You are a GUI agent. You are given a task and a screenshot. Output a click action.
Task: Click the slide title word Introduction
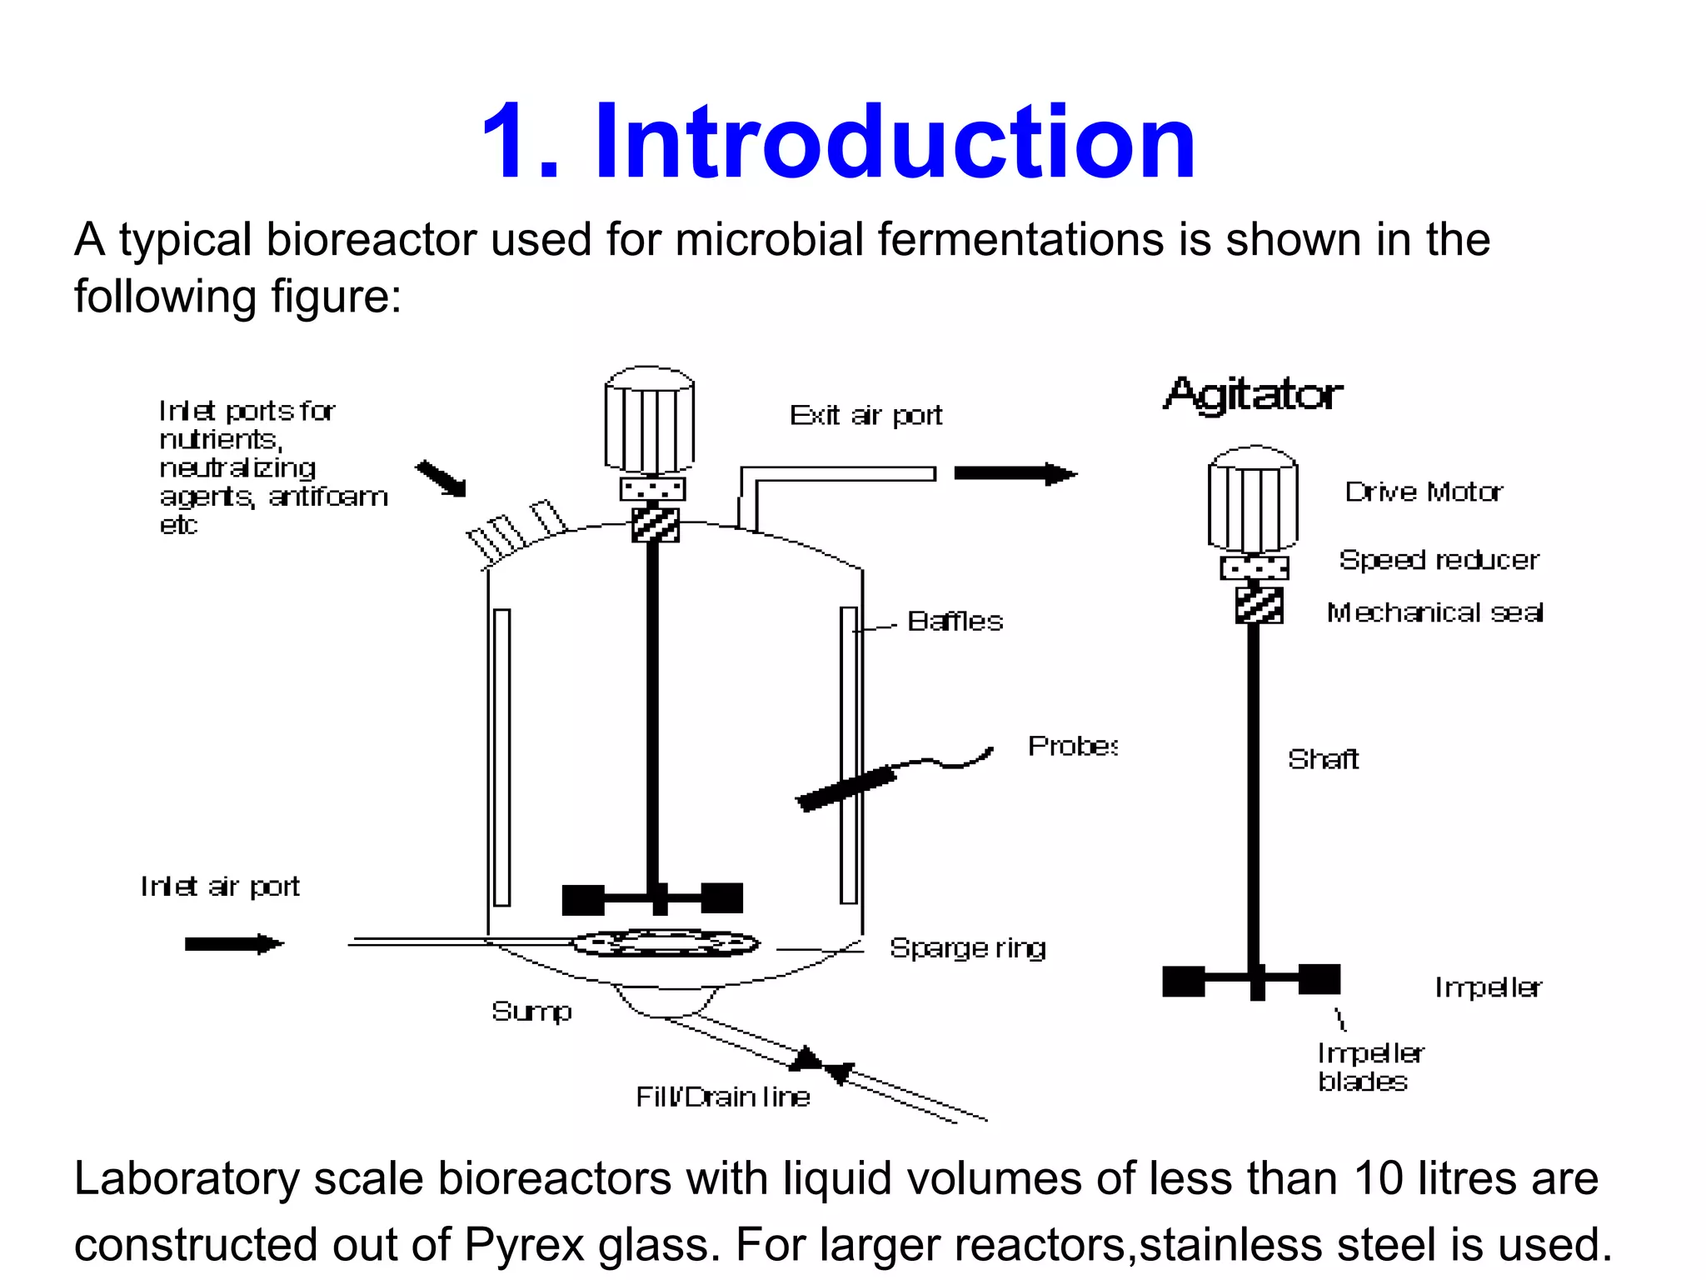click(x=895, y=142)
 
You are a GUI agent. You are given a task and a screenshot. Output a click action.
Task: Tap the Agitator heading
click(x=1253, y=395)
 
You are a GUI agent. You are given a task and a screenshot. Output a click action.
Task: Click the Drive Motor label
click(x=1424, y=492)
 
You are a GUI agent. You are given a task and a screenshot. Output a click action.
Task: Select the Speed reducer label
click(x=1439, y=559)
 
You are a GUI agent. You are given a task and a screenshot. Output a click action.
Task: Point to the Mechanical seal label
click(x=1434, y=612)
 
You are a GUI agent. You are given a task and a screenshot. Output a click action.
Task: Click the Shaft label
click(x=1323, y=759)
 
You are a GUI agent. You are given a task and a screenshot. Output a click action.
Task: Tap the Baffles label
click(x=955, y=621)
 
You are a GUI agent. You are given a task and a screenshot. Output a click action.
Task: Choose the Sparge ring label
click(x=967, y=947)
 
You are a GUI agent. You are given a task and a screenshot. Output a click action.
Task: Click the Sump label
click(x=531, y=1011)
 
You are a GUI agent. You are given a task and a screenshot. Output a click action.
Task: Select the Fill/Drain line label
click(x=722, y=1097)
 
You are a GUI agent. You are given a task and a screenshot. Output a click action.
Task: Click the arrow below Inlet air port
click(x=234, y=944)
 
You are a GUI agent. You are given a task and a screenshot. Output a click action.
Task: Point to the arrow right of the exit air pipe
click(x=1015, y=473)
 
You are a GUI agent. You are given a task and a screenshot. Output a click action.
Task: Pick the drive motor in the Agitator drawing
click(x=1253, y=498)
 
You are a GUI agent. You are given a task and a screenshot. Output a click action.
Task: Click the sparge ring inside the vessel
click(x=665, y=943)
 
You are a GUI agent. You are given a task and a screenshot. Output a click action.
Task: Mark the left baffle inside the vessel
click(x=501, y=757)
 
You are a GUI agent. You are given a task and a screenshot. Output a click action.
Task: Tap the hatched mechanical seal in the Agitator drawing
click(x=1258, y=605)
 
